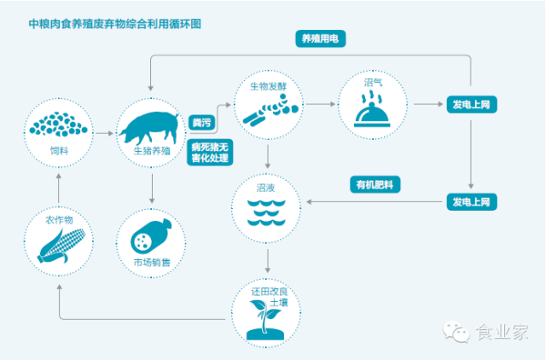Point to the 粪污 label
tap(201, 124)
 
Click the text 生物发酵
tap(267, 86)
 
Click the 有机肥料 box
tap(375, 184)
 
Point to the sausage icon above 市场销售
tap(152, 235)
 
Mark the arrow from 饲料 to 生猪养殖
tap(103, 133)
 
